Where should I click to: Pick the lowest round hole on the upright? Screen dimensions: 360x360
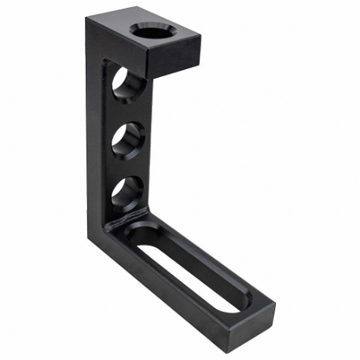(x=127, y=192)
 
